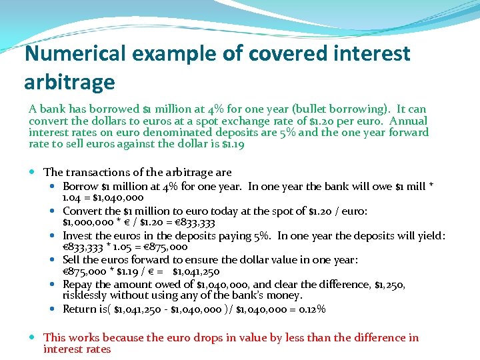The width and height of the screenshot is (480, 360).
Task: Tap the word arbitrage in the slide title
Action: (69, 82)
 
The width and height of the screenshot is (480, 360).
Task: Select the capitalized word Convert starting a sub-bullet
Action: (82, 211)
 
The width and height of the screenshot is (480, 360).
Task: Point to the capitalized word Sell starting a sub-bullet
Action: (71, 259)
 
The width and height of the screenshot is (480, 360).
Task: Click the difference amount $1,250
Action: (385, 284)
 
